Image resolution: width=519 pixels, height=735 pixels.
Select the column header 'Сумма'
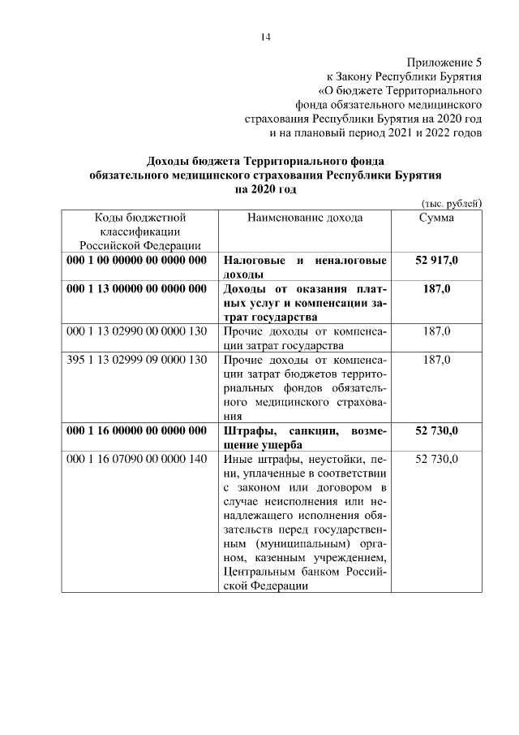point(436,218)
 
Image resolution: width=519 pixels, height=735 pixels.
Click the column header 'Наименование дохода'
point(304,218)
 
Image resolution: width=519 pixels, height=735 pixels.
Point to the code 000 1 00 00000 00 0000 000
point(138,261)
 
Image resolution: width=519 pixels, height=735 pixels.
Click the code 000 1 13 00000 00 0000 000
point(138,289)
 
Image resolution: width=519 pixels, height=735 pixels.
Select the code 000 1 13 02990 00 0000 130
point(138,331)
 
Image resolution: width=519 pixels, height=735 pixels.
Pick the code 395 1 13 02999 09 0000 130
point(138,360)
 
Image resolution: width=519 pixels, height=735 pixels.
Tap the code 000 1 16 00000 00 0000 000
point(138,430)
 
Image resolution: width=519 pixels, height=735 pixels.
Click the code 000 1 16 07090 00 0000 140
point(138,459)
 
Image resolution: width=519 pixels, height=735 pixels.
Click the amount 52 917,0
point(436,261)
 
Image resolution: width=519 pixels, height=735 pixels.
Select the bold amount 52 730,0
point(436,430)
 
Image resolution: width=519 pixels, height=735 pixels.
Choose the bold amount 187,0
point(436,289)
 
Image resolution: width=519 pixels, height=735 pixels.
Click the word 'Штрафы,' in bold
point(248,430)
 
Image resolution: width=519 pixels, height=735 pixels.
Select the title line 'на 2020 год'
point(265,189)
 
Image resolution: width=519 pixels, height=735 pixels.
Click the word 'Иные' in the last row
point(237,459)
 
